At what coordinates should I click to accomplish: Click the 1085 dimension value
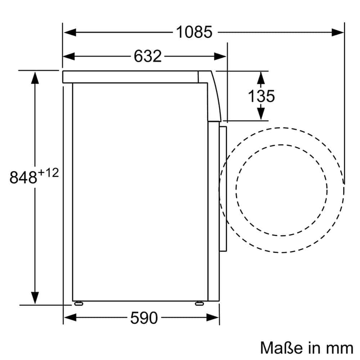click(194, 32)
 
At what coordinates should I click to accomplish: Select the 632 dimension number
click(148, 56)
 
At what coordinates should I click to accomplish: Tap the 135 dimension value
click(261, 96)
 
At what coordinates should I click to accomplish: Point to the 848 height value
click(23, 177)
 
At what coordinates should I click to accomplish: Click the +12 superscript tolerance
click(48, 173)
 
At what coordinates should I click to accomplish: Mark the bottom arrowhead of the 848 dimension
click(35, 298)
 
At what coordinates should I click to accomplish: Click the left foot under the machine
click(78, 303)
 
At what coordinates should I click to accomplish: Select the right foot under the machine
click(198, 303)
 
